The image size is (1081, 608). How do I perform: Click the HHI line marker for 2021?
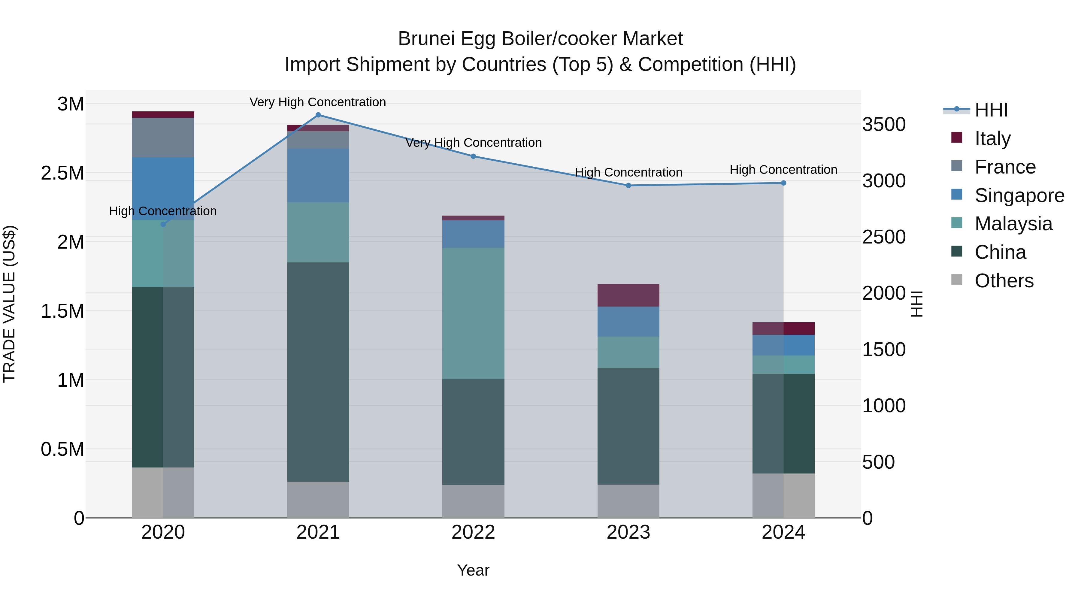tap(318, 115)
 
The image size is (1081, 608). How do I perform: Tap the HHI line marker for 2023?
tap(628, 186)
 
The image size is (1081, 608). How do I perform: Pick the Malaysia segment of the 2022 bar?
tap(473, 313)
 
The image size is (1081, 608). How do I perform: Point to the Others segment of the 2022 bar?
tap(473, 501)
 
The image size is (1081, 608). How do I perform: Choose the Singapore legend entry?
tap(1019, 195)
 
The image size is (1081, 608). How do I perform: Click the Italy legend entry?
tap(992, 138)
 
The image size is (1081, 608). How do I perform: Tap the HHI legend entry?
tap(991, 110)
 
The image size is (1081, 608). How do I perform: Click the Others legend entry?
tap(1004, 281)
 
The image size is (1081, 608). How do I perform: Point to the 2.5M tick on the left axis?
tap(62, 173)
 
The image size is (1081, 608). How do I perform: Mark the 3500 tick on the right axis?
tap(884, 125)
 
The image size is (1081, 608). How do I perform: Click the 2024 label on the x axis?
tap(783, 532)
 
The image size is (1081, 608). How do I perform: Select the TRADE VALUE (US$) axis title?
tap(9, 304)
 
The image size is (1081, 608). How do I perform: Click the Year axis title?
tap(473, 570)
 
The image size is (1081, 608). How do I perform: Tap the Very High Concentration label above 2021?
tap(318, 102)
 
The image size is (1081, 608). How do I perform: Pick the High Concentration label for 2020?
tap(163, 211)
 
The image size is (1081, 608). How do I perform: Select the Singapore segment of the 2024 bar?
tap(783, 345)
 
